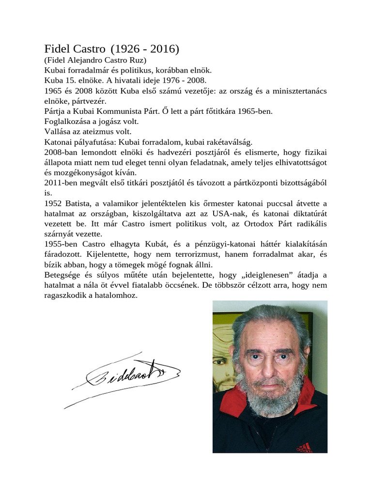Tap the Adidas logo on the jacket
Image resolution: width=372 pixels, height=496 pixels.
pyautogui.click(x=304, y=446)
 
